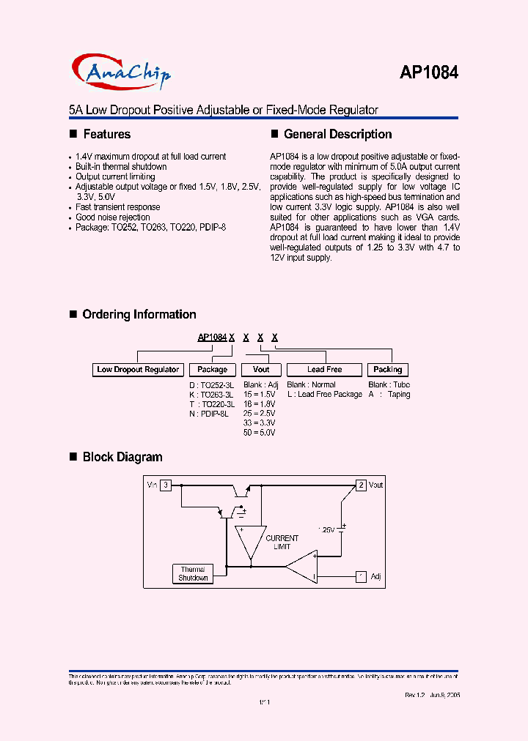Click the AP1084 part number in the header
click(x=429, y=72)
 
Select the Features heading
click(x=106, y=134)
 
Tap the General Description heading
click(x=337, y=134)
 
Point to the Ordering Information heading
click(x=139, y=314)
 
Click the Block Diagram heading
click(x=122, y=457)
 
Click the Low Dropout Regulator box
click(x=138, y=370)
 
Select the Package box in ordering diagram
click(x=213, y=370)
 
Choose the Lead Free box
click(x=324, y=370)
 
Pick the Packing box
click(x=387, y=370)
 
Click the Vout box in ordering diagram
click(x=261, y=370)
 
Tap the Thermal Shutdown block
click(x=193, y=573)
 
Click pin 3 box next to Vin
click(x=166, y=485)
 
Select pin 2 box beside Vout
click(x=361, y=485)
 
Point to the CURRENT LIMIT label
click(x=282, y=543)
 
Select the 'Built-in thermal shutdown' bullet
click(x=121, y=166)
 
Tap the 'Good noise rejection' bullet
click(x=112, y=217)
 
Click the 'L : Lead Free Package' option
click(x=324, y=395)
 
